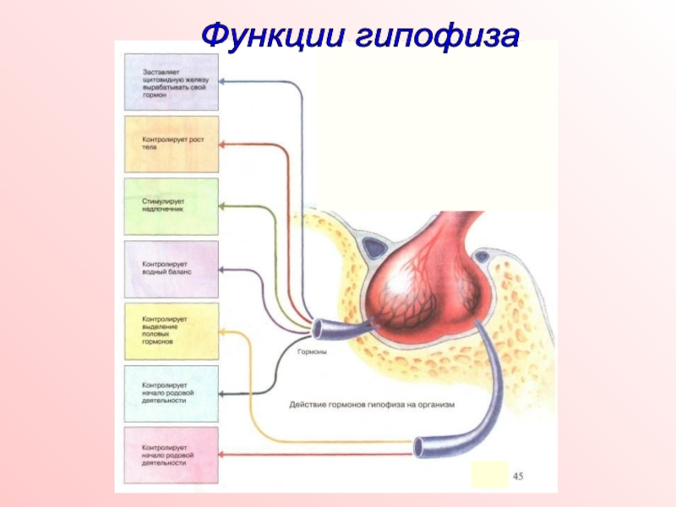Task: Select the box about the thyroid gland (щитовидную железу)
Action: [x=171, y=82]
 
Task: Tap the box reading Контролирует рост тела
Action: [x=171, y=144]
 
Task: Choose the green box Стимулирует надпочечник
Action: [x=171, y=206]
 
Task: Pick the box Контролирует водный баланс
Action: [x=171, y=269]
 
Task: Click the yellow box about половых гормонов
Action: [x=171, y=331]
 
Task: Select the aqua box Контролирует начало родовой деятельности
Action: [x=171, y=394]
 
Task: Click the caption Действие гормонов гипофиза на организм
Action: [x=373, y=405]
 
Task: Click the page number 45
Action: [x=520, y=478]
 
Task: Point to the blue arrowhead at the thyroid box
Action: [x=223, y=82]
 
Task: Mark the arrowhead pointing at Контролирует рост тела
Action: [x=223, y=144]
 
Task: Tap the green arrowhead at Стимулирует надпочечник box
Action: [x=223, y=206]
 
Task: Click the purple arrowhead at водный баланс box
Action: [x=223, y=270]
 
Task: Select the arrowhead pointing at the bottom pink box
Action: [x=223, y=455]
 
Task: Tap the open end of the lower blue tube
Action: [x=421, y=446]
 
